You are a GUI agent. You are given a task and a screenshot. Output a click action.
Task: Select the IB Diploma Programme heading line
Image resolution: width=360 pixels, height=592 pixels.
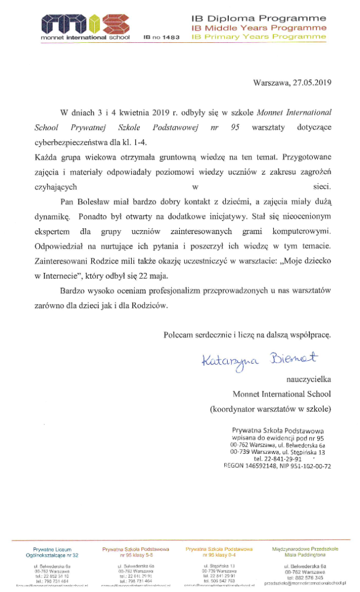click(258, 19)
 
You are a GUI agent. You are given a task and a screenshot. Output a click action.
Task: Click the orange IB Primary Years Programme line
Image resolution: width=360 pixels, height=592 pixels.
click(258, 36)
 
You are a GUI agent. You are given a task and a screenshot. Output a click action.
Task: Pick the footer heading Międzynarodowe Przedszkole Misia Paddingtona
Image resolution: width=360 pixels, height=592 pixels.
click(305, 551)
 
